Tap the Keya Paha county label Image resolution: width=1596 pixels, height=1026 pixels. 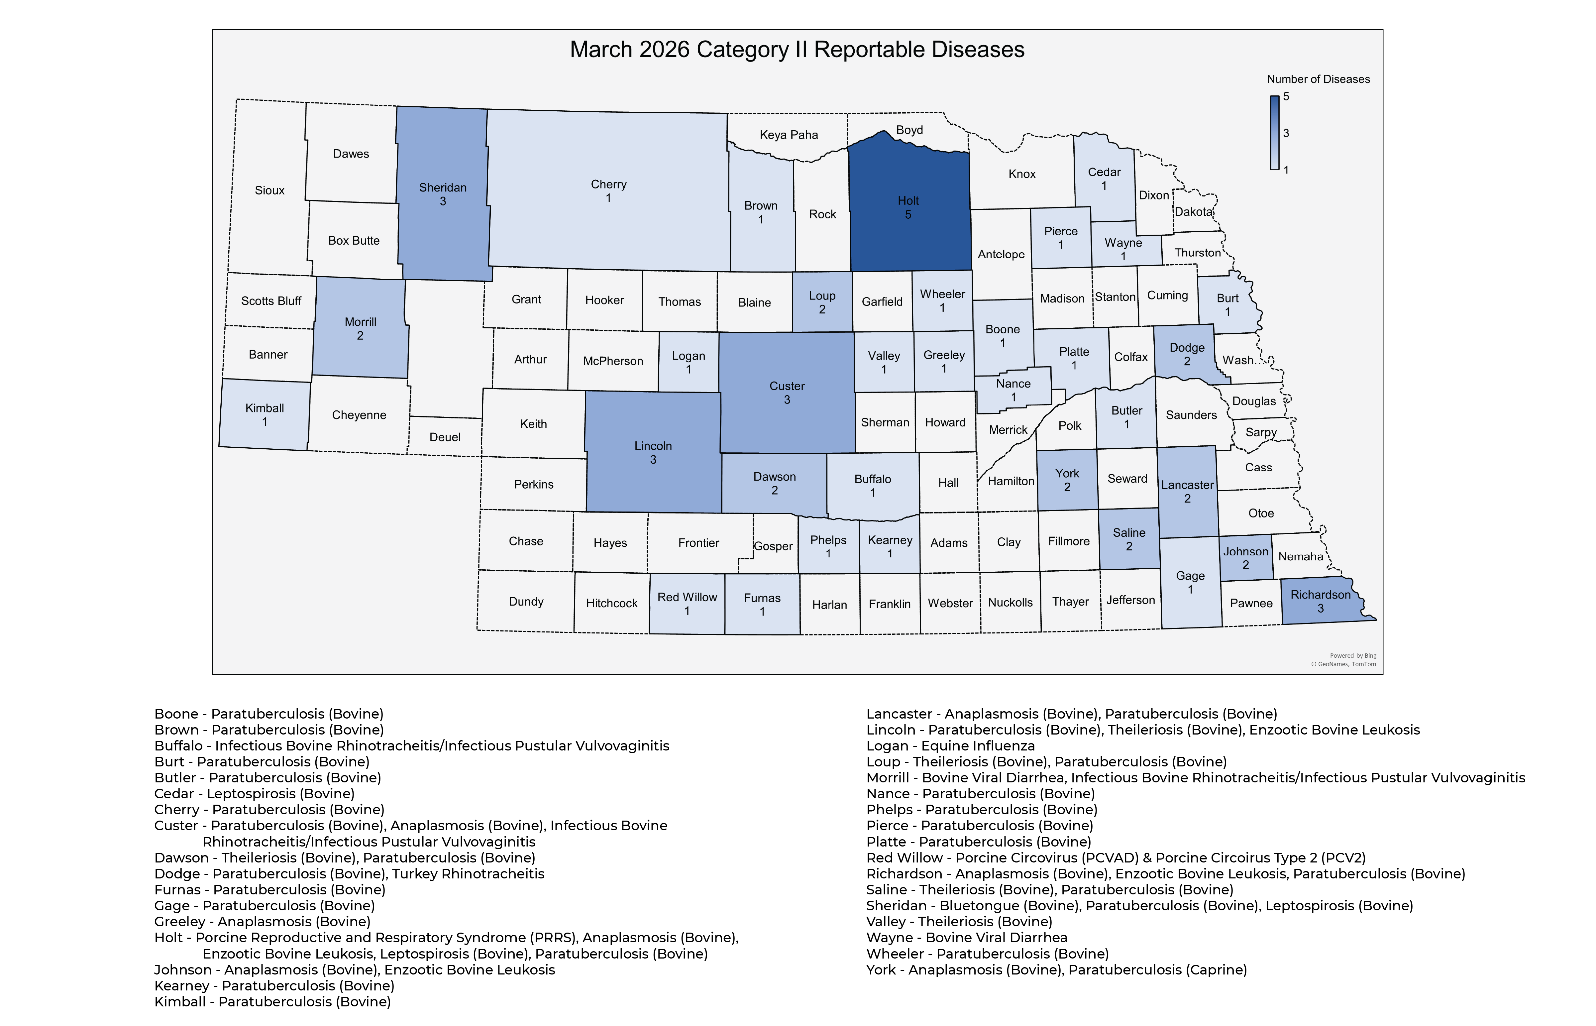click(789, 135)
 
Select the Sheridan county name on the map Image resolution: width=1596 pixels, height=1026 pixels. click(442, 187)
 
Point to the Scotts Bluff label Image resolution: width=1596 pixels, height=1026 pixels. click(271, 300)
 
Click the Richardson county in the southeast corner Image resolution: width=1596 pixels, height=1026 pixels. click(1320, 601)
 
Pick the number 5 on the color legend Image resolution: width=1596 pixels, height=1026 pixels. click(1286, 97)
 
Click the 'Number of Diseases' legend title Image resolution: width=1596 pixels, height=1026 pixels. click(1318, 79)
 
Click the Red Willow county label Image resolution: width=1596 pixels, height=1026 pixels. click(687, 597)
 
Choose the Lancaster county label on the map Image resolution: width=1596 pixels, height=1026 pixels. click(1187, 485)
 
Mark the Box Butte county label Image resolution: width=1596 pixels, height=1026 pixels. click(354, 241)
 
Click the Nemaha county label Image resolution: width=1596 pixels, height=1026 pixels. click(1300, 556)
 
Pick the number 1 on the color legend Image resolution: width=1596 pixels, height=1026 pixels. click(1286, 170)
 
